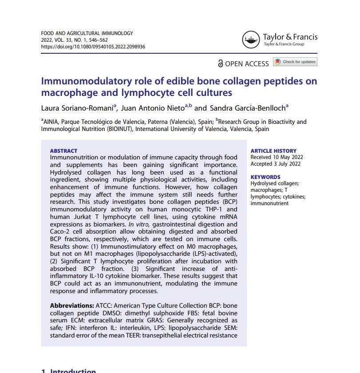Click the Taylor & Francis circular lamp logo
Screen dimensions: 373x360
(x=250, y=40)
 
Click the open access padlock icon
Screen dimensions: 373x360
(x=220, y=63)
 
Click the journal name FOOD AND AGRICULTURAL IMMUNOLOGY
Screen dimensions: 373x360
(x=87, y=33)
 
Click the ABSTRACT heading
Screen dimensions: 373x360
(x=63, y=151)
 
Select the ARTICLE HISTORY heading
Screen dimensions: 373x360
(x=273, y=151)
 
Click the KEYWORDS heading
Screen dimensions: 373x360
(x=265, y=177)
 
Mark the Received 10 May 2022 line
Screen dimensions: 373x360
(x=277, y=157)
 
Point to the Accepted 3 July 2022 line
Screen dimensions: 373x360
(x=276, y=164)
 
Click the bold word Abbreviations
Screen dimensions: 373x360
(x=72, y=306)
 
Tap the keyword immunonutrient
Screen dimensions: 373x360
(x=269, y=203)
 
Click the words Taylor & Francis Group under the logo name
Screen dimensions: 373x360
(x=284, y=44)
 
